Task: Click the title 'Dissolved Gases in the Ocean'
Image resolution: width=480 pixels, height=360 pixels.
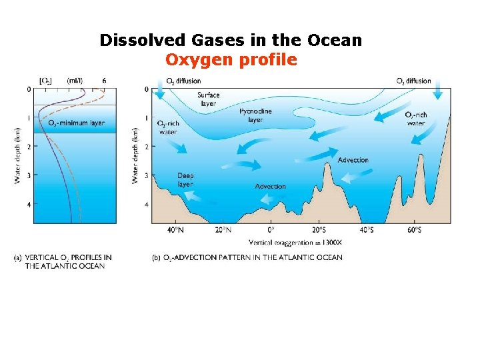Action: [x=231, y=40]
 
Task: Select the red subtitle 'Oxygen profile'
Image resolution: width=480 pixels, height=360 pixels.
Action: [x=231, y=60]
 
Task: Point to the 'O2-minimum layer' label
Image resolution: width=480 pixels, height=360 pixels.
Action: [x=76, y=123]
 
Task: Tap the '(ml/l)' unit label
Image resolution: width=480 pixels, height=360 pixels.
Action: [x=75, y=81]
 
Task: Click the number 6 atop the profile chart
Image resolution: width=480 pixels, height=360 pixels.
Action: [x=104, y=81]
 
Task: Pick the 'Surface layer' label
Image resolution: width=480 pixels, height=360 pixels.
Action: [x=208, y=99]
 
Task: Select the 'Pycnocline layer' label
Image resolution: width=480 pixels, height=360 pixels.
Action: [x=255, y=115]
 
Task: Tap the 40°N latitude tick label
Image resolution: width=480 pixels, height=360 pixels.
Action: [x=175, y=230]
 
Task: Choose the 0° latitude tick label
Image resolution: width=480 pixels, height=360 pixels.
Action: [x=271, y=230]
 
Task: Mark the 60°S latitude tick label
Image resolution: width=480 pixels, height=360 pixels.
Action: [x=413, y=230]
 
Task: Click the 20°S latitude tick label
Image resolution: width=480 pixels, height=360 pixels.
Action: [x=319, y=230]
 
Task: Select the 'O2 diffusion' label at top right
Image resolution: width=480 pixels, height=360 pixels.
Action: [x=413, y=81]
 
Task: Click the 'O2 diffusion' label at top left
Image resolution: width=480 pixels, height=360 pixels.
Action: [x=183, y=81]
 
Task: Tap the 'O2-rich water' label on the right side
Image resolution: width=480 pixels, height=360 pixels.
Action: [x=415, y=119]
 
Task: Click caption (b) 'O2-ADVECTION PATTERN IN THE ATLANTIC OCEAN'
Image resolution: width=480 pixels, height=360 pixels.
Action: [x=247, y=257]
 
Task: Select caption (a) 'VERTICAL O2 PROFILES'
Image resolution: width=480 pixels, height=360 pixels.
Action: [x=63, y=261]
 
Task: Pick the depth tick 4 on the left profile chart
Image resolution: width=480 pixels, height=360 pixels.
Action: [x=29, y=204]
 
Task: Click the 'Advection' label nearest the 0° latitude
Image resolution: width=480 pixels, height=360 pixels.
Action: [x=270, y=187]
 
